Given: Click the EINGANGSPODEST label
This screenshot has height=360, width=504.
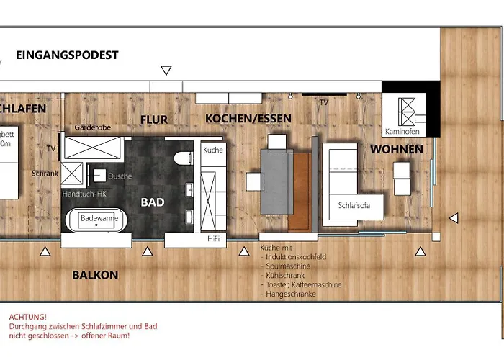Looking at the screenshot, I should (x=67, y=55).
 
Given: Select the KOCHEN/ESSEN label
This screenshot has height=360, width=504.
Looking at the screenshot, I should (x=238, y=118).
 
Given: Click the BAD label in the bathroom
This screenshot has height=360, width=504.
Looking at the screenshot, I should (x=153, y=203).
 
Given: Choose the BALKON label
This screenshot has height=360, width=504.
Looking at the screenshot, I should (x=95, y=275).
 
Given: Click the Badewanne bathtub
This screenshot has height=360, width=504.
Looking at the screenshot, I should (x=97, y=218).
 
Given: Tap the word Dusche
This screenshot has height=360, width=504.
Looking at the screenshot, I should (x=120, y=176).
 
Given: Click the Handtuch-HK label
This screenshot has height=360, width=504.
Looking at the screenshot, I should (x=84, y=194).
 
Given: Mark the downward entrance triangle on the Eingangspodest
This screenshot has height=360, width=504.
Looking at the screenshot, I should (x=166, y=71).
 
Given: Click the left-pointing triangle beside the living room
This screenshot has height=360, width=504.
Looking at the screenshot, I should (x=453, y=217).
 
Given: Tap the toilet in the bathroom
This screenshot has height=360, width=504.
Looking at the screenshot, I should (x=181, y=157).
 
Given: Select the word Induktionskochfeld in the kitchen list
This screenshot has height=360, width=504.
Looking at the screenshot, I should (x=296, y=256).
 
